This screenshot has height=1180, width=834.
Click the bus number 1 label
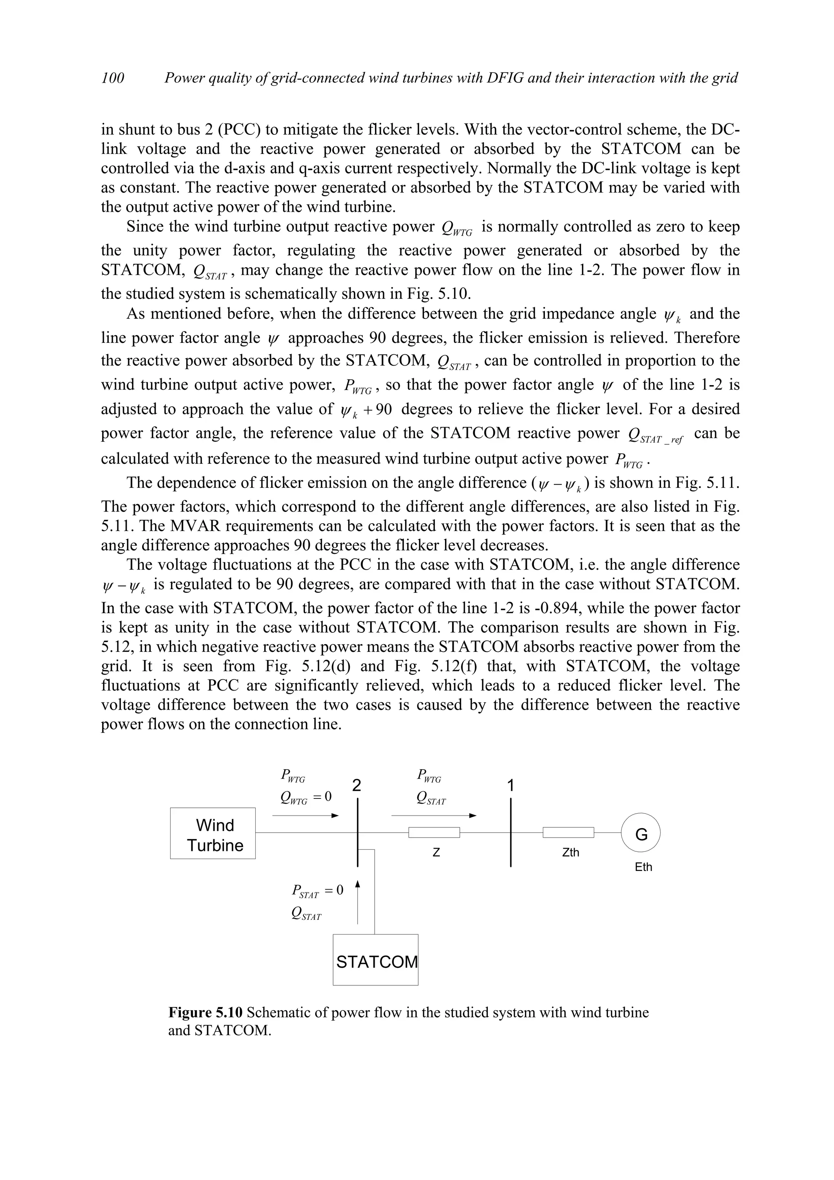[510, 786]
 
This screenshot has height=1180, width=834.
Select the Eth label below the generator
[643, 867]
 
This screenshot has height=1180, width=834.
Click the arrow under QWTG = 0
[305, 816]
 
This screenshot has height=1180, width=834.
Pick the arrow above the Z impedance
[434, 815]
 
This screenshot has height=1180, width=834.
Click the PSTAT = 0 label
[317, 890]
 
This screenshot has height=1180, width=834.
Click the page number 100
[112, 78]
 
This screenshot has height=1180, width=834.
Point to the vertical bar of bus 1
[511, 833]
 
